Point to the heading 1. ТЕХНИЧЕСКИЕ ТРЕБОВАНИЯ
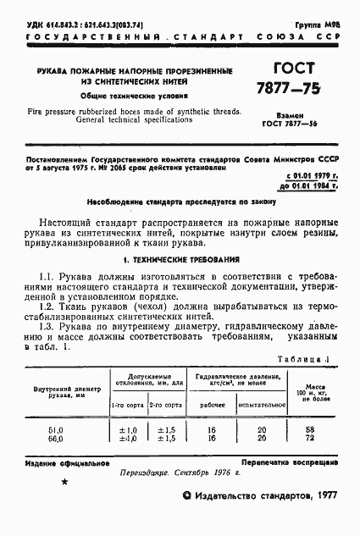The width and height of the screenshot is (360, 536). pyautogui.click(x=180, y=260)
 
